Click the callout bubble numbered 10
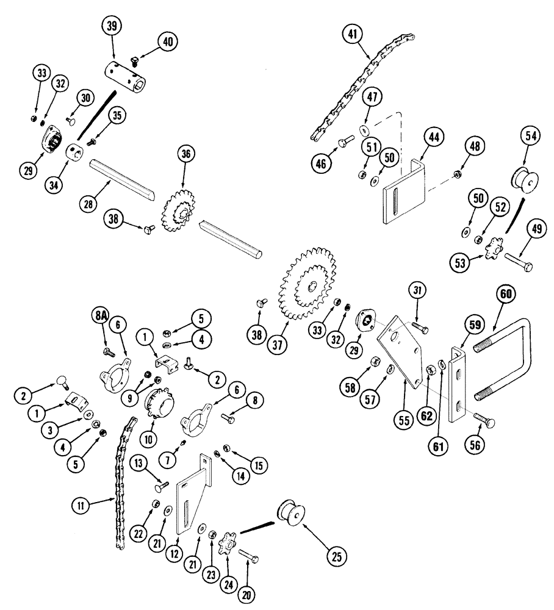click(148, 438)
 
